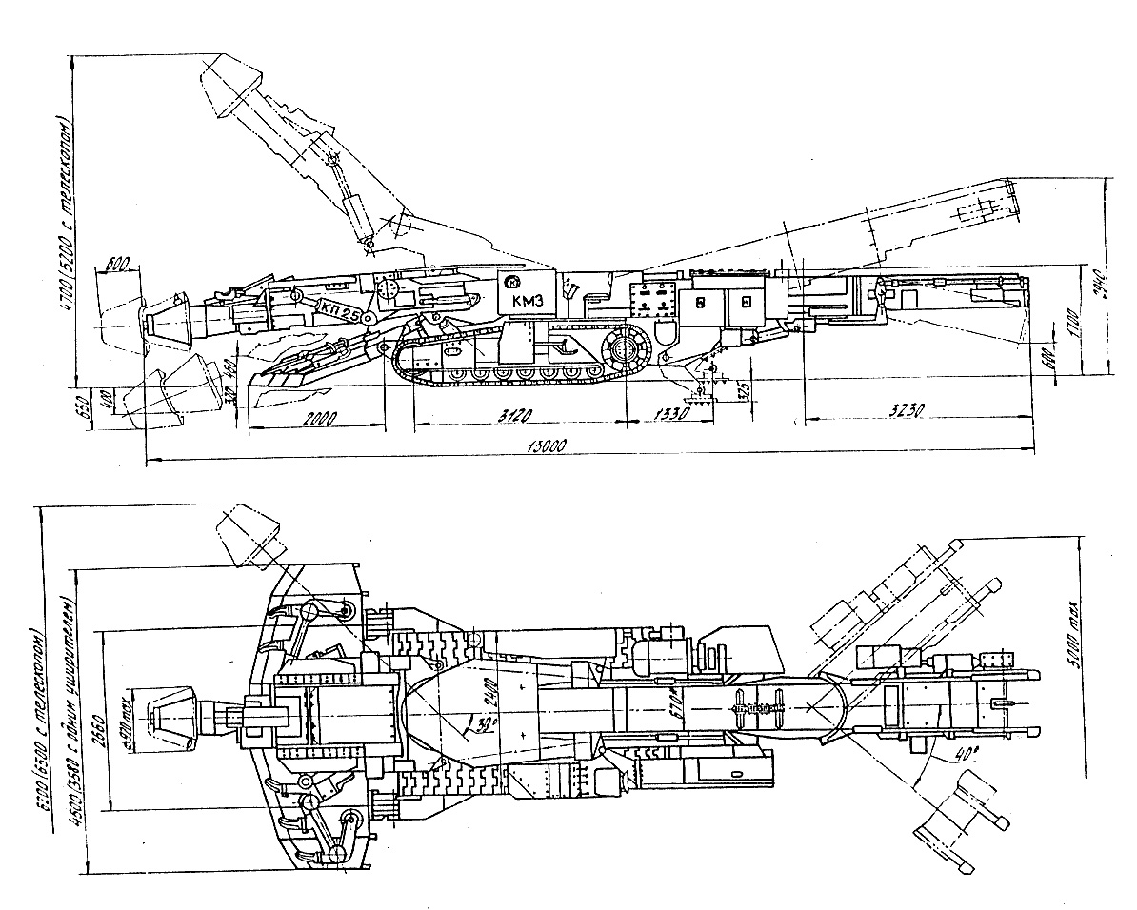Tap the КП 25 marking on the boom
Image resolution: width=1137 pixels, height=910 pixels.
point(338,307)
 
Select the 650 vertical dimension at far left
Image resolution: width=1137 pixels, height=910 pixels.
point(81,406)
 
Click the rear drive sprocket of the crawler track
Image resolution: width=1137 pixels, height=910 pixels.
point(625,348)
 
